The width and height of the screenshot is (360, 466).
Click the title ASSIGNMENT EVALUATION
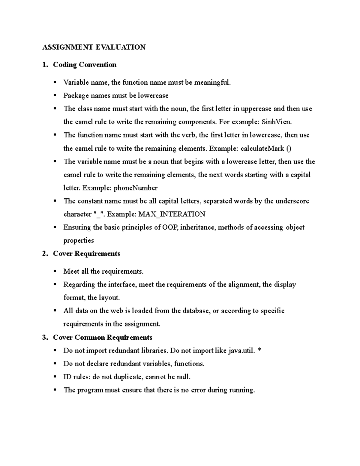click(x=94, y=47)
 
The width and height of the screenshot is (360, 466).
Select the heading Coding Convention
click(x=85, y=65)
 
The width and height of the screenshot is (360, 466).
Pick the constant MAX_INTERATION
click(x=172, y=214)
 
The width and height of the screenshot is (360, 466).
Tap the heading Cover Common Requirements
click(x=103, y=338)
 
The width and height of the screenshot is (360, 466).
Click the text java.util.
click(x=242, y=351)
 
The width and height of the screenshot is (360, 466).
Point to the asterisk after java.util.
click(x=259, y=350)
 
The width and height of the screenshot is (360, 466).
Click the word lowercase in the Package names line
click(x=153, y=96)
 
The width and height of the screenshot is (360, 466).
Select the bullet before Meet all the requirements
click(x=55, y=271)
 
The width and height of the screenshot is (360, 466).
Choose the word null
click(x=184, y=377)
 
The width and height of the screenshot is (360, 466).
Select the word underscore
click(x=292, y=201)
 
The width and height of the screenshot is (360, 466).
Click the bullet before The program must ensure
click(x=55, y=390)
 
